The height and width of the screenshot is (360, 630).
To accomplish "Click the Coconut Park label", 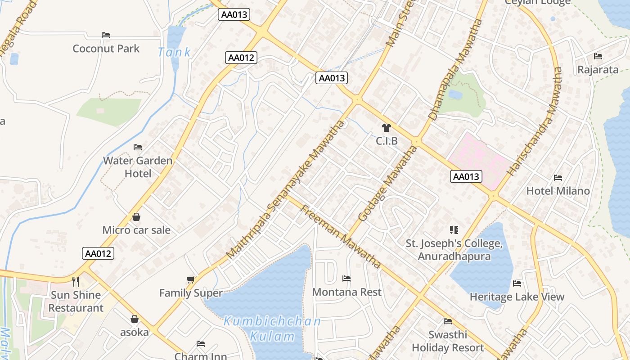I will (106, 49).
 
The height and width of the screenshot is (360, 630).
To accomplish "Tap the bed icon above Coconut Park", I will (106, 35).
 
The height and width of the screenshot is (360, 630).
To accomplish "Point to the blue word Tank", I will (174, 52).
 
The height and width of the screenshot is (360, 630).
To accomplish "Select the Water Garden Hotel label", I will (138, 167).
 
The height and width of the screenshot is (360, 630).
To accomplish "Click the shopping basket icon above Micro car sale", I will (136, 217).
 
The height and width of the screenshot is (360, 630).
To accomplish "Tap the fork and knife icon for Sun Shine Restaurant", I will (76, 282).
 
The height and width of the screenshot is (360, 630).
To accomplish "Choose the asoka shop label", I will (134, 333).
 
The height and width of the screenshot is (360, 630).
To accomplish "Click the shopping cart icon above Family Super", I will (191, 280).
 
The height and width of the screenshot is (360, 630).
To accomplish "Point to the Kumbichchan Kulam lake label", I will (272, 328).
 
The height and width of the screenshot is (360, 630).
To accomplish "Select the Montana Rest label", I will (346, 292).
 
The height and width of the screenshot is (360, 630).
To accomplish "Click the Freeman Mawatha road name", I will (341, 236).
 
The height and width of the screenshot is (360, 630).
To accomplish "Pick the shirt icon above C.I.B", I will (387, 128).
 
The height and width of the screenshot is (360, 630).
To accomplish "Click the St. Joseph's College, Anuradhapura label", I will (454, 250).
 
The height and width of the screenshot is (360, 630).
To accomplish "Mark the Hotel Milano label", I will (558, 191).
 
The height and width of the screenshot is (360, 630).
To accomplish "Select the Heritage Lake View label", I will (517, 297).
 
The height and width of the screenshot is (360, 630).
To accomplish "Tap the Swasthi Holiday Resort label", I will (448, 341).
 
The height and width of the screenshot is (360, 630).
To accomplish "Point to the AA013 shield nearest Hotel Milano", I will (466, 176).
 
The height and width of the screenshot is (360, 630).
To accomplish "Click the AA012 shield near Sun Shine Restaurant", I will (98, 253).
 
